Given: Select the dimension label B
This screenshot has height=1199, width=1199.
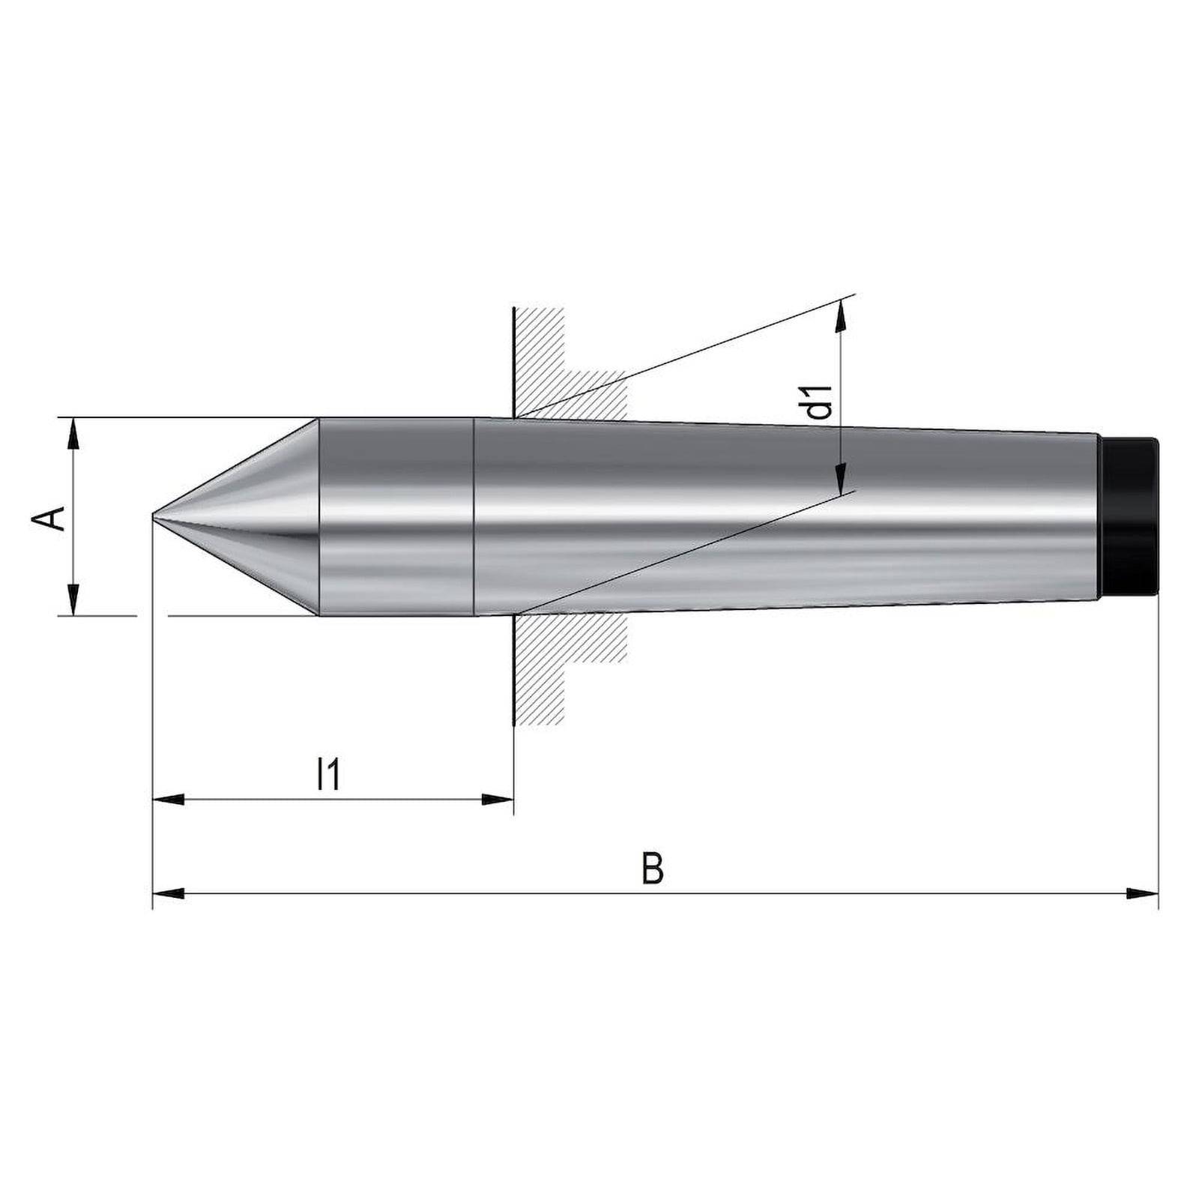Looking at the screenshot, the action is [x=653, y=869].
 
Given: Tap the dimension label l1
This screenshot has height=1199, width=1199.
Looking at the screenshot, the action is [x=329, y=774].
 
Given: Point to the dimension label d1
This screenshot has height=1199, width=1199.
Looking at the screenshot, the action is [x=822, y=401].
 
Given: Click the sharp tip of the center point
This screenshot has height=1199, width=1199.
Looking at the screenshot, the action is [x=153, y=516].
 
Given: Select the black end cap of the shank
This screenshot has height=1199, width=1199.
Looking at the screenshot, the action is [x=1130, y=516].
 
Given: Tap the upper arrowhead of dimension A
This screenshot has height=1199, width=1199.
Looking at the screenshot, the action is [x=73, y=434].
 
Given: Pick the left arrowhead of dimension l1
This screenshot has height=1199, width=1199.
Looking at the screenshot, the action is [x=169, y=800].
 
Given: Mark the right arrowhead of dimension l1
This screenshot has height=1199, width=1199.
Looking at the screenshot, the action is [x=497, y=800].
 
